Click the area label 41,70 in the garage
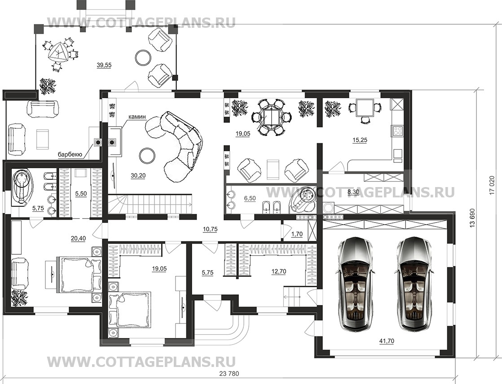pyautogui.click(x=387, y=341)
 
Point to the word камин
pyautogui.click(x=137, y=117)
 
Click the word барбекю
pyautogui.click(x=70, y=155)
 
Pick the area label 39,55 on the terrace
pyautogui.click(x=104, y=65)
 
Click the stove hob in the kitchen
pyautogui.click(x=397, y=131)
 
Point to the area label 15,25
pyautogui.click(x=360, y=140)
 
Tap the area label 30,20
pyautogui.click(x=138, y=175)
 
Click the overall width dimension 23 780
pyautogui.click(x=229, y=373)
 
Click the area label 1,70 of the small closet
pyautogui.click(x=297, y=234)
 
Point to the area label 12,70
pyautogui.click(x=279, y=272)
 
